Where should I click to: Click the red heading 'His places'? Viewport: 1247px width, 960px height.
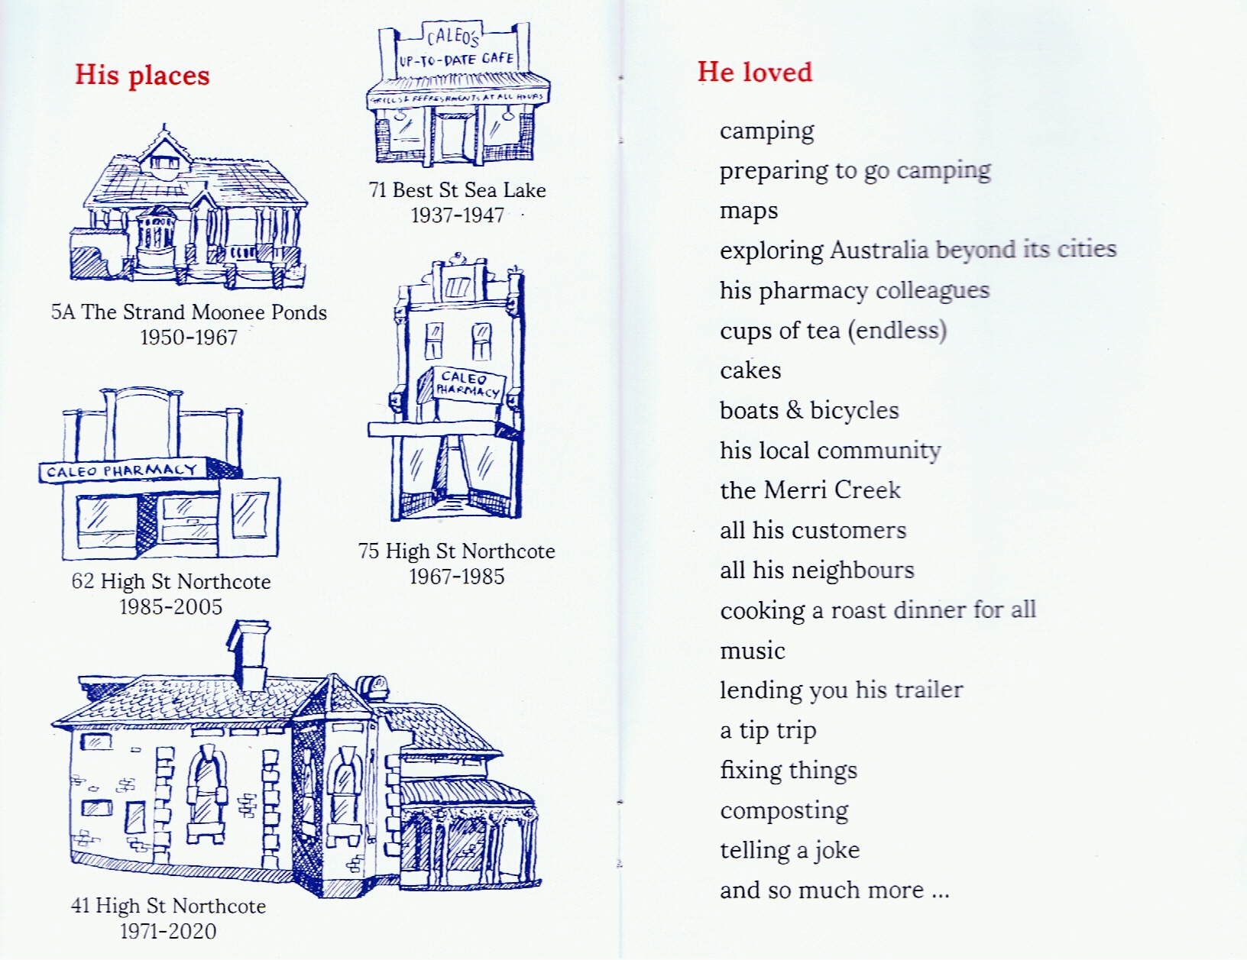(142, 76)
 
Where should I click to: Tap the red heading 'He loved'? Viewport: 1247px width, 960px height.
(754, 72)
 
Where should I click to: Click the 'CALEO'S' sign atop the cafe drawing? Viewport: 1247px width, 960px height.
(453, 36)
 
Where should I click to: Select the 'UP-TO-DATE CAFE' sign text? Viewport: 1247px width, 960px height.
(456, 60)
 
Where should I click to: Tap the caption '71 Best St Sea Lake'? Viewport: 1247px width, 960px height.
(457, 190)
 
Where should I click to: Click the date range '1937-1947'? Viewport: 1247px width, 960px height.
(457, 215)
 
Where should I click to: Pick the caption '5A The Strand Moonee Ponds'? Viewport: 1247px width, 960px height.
(189, 312)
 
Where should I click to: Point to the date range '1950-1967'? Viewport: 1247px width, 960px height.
(189, 338)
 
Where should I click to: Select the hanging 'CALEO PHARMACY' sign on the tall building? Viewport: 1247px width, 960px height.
(466, 384)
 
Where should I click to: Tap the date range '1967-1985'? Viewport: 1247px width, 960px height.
(457, 577)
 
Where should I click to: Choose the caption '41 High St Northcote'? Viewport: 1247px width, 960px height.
(168, 907)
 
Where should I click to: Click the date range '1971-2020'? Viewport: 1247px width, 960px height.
(168, 932)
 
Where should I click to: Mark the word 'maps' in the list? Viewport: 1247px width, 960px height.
(749, 212)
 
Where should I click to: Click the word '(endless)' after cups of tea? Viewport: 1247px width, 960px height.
(899, 331)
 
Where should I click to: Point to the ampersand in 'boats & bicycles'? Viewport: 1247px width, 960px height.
(794, 410)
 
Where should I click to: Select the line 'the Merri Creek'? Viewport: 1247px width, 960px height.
(810, 490)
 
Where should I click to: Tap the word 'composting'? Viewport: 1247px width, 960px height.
(784, 811)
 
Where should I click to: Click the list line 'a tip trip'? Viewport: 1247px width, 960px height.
(768, 731)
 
